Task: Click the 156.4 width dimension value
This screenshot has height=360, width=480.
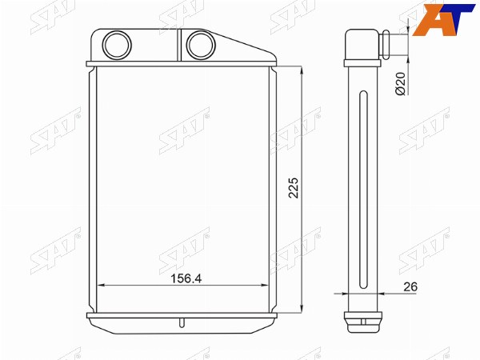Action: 186,278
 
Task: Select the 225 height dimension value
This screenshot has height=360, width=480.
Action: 294,188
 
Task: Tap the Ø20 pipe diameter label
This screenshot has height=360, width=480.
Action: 400,83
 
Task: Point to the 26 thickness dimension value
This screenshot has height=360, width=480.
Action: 410,287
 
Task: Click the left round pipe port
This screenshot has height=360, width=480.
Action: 117,45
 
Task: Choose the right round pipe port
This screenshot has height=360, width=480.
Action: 201,45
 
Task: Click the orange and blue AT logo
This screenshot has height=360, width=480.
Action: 443,19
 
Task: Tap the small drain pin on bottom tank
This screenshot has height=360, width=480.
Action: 182,322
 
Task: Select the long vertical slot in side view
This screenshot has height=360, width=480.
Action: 363,190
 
